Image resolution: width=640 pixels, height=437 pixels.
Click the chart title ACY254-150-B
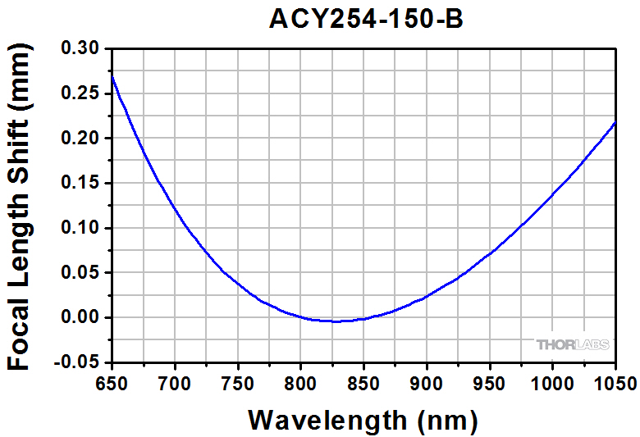click(x=366, y=19)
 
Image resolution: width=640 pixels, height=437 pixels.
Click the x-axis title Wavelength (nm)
click(x=363, y=420)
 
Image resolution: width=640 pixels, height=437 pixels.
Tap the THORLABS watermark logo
click(x=574, y=344)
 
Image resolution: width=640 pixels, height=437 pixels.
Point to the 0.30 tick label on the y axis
click(x=80, y=49)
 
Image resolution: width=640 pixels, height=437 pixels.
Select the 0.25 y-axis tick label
click(x=80, y=94)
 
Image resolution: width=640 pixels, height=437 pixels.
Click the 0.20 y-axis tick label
click(x=80, y=139)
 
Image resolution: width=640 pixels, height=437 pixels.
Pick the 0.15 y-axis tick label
click(x=80, y=184)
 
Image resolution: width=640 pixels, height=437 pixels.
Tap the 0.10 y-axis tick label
click(x=80, y=228)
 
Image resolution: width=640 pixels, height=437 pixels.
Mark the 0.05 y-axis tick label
click(x=80, y=273)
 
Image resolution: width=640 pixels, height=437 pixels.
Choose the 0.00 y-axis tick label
click(x=80, y=317)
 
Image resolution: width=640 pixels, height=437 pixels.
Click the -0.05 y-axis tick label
click(x=77, y=362)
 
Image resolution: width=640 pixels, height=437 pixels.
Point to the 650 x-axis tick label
click(x=111, y=382)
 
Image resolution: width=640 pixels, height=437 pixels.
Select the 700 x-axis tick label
click(x=174, y=382)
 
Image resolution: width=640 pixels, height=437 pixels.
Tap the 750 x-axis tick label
click(x=237, y=382)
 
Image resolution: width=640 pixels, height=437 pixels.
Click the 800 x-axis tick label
click(x=300, y=382)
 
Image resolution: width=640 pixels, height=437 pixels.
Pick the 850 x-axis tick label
click(x=363, y=382)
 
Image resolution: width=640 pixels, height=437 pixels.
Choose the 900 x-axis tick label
click(x=426, y=382)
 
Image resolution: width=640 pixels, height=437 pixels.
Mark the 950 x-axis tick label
click(x=489, y=382)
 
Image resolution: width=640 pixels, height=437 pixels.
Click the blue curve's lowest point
click(x=336, y=321)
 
